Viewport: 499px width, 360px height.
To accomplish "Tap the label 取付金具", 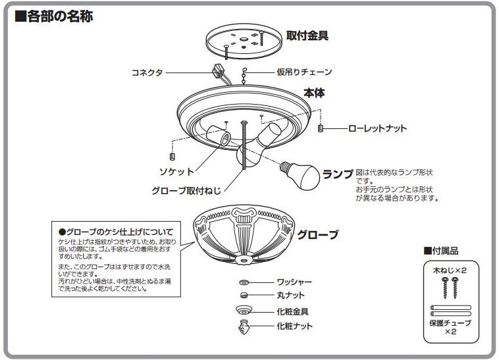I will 307,36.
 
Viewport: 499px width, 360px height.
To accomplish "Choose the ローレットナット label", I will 377,129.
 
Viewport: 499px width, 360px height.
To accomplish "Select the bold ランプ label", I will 337,174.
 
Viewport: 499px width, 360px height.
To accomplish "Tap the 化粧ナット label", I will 294,326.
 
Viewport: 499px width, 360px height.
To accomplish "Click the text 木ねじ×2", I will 450,270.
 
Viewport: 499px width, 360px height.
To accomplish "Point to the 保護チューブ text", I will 450,324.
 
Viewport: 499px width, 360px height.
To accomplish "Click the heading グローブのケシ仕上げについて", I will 116,232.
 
